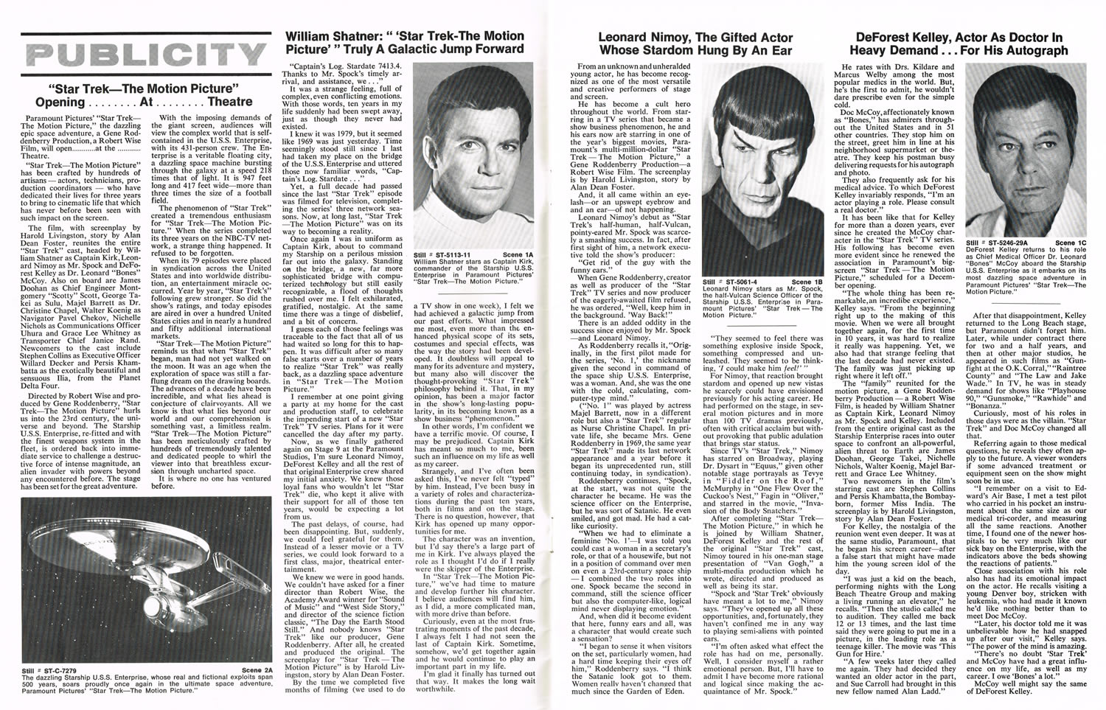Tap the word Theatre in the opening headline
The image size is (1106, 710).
click(x=221, y=101)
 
